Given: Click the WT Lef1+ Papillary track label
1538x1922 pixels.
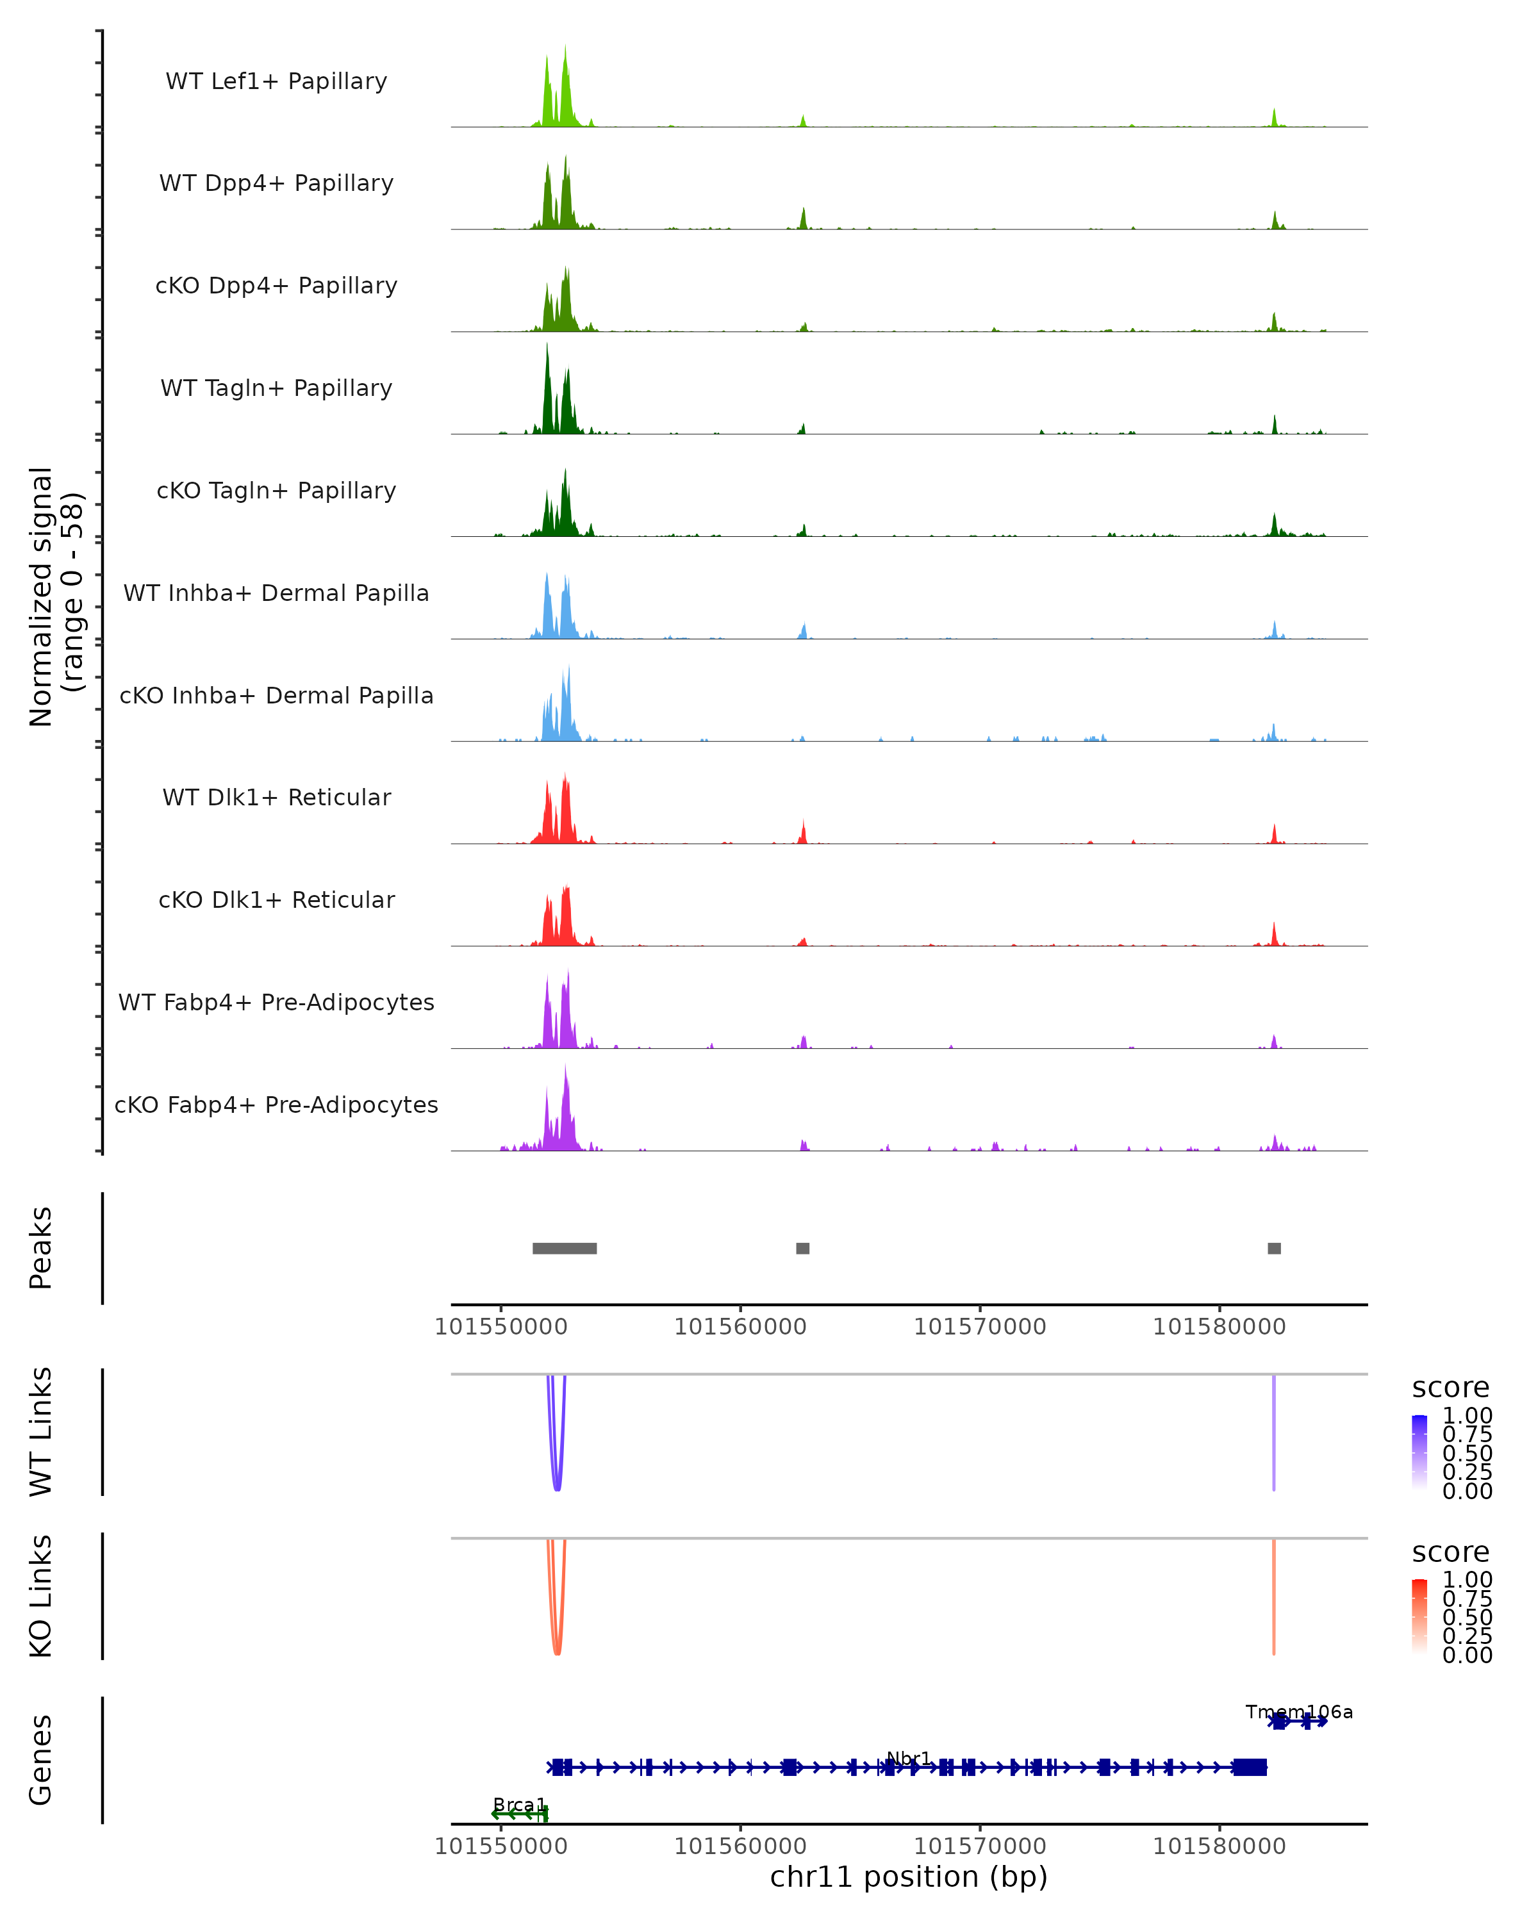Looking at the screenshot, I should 276,81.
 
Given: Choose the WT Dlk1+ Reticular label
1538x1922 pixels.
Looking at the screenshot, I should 276,797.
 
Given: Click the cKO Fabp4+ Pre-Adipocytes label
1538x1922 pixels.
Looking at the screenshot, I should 276,1105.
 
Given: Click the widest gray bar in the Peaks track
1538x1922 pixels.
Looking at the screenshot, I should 565,1248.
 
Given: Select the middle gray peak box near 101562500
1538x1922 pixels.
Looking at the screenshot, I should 802,1248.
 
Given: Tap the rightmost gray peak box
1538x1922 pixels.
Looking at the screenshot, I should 1274,1248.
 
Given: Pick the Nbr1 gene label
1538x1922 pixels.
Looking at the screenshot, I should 909,1758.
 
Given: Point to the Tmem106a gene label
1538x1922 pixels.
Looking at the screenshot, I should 1299,1712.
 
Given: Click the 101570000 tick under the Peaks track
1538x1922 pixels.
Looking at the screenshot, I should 980,1327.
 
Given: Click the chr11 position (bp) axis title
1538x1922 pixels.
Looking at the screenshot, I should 909,1877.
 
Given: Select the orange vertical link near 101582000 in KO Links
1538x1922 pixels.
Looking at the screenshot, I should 1274,1596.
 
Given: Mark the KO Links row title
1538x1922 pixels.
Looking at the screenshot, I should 41,1596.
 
